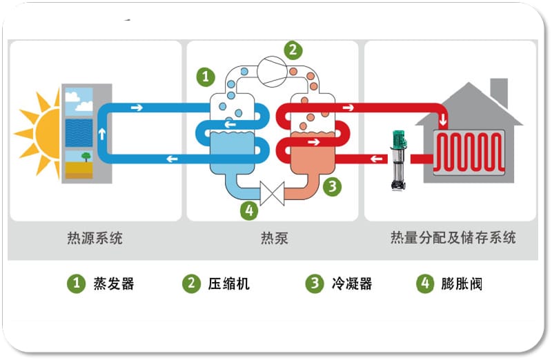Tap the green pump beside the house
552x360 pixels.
click(x=398, y=161)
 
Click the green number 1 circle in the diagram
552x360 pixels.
click(x=206, y=76)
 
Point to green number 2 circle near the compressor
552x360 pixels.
click(x=293, y=50)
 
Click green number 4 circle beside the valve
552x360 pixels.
click(x=249, y=210)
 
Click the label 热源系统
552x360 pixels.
click(x=90, y=239)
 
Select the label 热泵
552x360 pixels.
click(x=274, y=239)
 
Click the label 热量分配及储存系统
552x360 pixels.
click(x=453, y=239)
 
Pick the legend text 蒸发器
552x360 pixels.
click(x=113, y=283)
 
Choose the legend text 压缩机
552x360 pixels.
click(x=228, y=283)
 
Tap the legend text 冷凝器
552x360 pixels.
click(x=351, y=283)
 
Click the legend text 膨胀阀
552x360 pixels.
click(x=462, y=283)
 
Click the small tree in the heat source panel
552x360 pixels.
click(x=85, y=157)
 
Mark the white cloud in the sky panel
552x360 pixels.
click(x=83, y=106)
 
